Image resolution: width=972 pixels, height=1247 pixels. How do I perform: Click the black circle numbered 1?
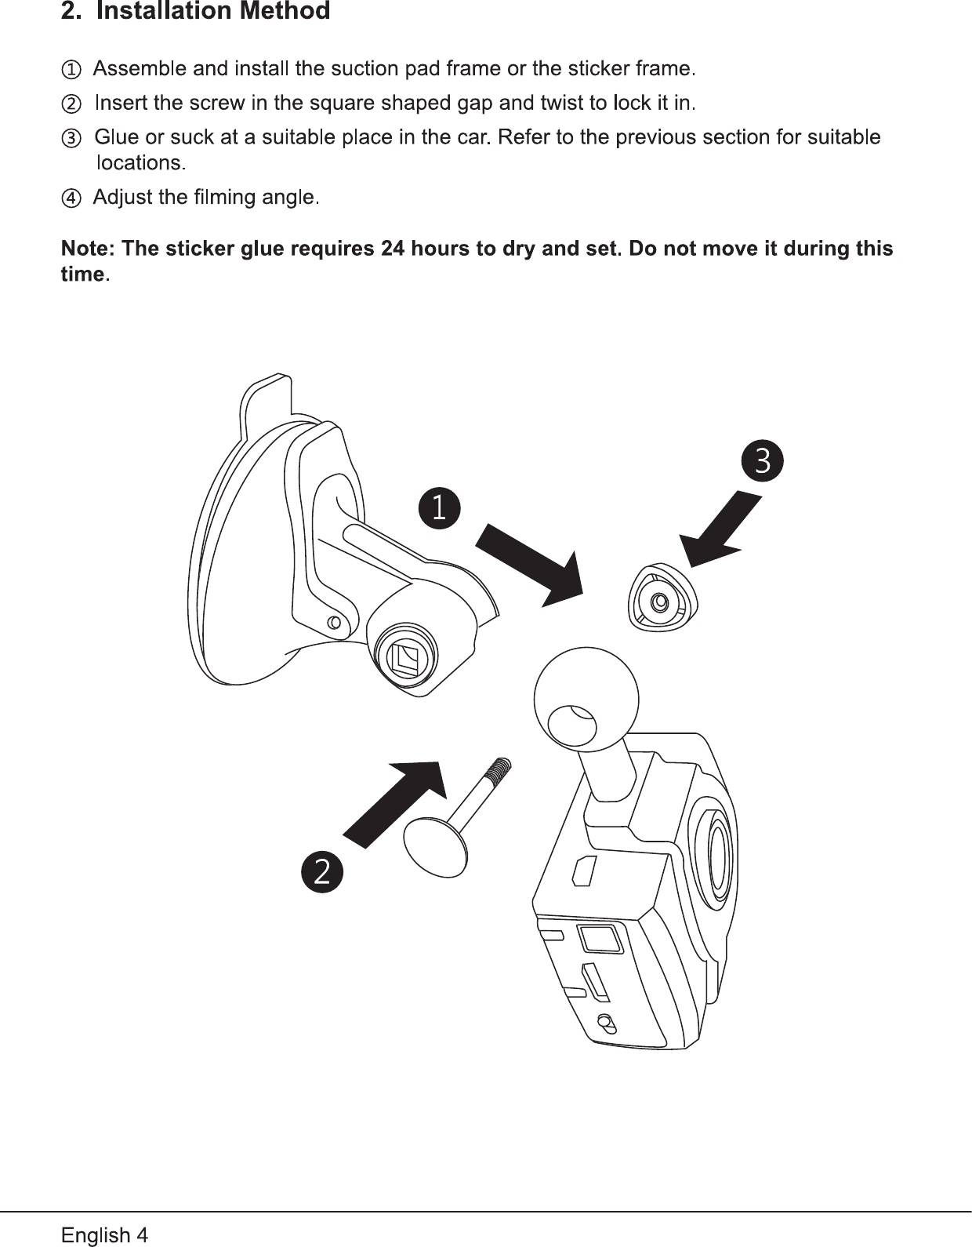click(x=439, y=507)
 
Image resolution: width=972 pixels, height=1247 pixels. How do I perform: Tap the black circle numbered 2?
click(x=322, y=871)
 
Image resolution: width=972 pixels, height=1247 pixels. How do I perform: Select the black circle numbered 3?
click(x=762, y=461)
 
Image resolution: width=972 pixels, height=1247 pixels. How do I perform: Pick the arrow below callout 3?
click(x=720, y=530)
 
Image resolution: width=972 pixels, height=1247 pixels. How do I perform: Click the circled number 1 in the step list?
click(x=71, y=70)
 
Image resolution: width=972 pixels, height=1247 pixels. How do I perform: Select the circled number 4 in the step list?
click(x=71, y=198)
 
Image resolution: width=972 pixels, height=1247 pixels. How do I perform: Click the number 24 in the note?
click(x=392, y=249)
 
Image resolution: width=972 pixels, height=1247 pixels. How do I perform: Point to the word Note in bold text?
click(x=86, y=249)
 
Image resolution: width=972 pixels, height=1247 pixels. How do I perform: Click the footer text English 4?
click(x=104, y=1235)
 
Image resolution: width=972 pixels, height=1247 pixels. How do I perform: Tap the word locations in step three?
click(x=139, y=163)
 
